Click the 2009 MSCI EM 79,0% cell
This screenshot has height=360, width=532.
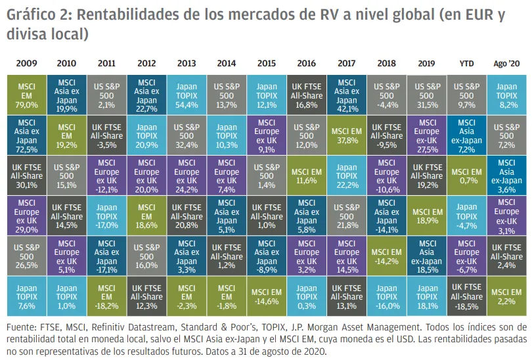26,94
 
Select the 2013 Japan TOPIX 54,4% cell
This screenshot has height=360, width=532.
186,94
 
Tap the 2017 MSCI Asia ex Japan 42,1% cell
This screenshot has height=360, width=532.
346,94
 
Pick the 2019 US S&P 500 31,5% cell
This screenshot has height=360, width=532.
428,94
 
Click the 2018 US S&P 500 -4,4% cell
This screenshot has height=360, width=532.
386,94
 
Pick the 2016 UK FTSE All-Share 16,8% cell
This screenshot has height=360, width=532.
306,94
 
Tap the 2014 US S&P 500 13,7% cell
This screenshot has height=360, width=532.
226,94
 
